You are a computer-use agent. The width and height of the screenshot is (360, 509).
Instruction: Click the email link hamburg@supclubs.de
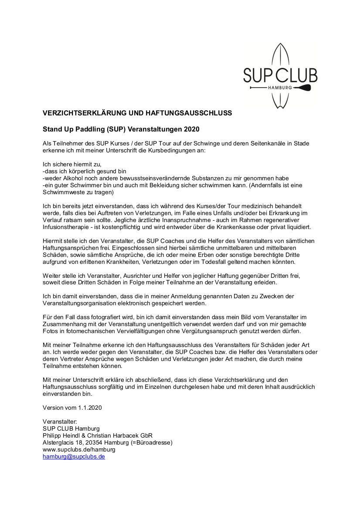coord(74,457)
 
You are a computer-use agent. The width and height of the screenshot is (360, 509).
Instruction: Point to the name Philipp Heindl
coord(61,436)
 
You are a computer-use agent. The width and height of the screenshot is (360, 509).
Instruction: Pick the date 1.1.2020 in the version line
coord(90,408)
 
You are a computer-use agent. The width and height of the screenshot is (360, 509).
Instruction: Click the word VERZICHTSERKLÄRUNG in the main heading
coord(84,113)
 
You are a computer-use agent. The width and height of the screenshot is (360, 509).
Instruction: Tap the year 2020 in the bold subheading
coord(192,129)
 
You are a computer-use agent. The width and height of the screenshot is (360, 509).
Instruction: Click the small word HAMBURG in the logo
coord(280,88)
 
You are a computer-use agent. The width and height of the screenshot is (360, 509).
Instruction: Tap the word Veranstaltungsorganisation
coord(82,303)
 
